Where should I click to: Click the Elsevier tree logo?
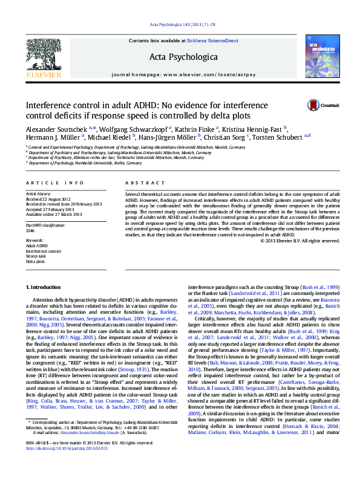pos(43,54)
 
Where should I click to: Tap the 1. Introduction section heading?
pos(47,286)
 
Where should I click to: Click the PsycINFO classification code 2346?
pos(30,230)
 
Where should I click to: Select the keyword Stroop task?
pos(35,256)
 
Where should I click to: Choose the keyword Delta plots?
pos(35,262)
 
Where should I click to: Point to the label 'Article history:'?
pos(38,193)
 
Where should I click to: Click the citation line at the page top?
pos(180,24)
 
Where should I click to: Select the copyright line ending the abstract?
pos(301,241)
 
